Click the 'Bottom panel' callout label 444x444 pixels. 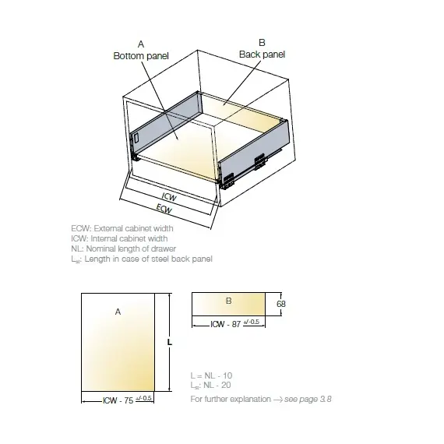[142, 57]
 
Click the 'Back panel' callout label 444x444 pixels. [262, 55]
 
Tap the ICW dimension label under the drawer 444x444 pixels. [169, 198]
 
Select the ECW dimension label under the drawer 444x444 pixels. [164, 209]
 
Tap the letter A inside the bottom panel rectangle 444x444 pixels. [118, 311]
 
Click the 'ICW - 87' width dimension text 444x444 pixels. [225, 323]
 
